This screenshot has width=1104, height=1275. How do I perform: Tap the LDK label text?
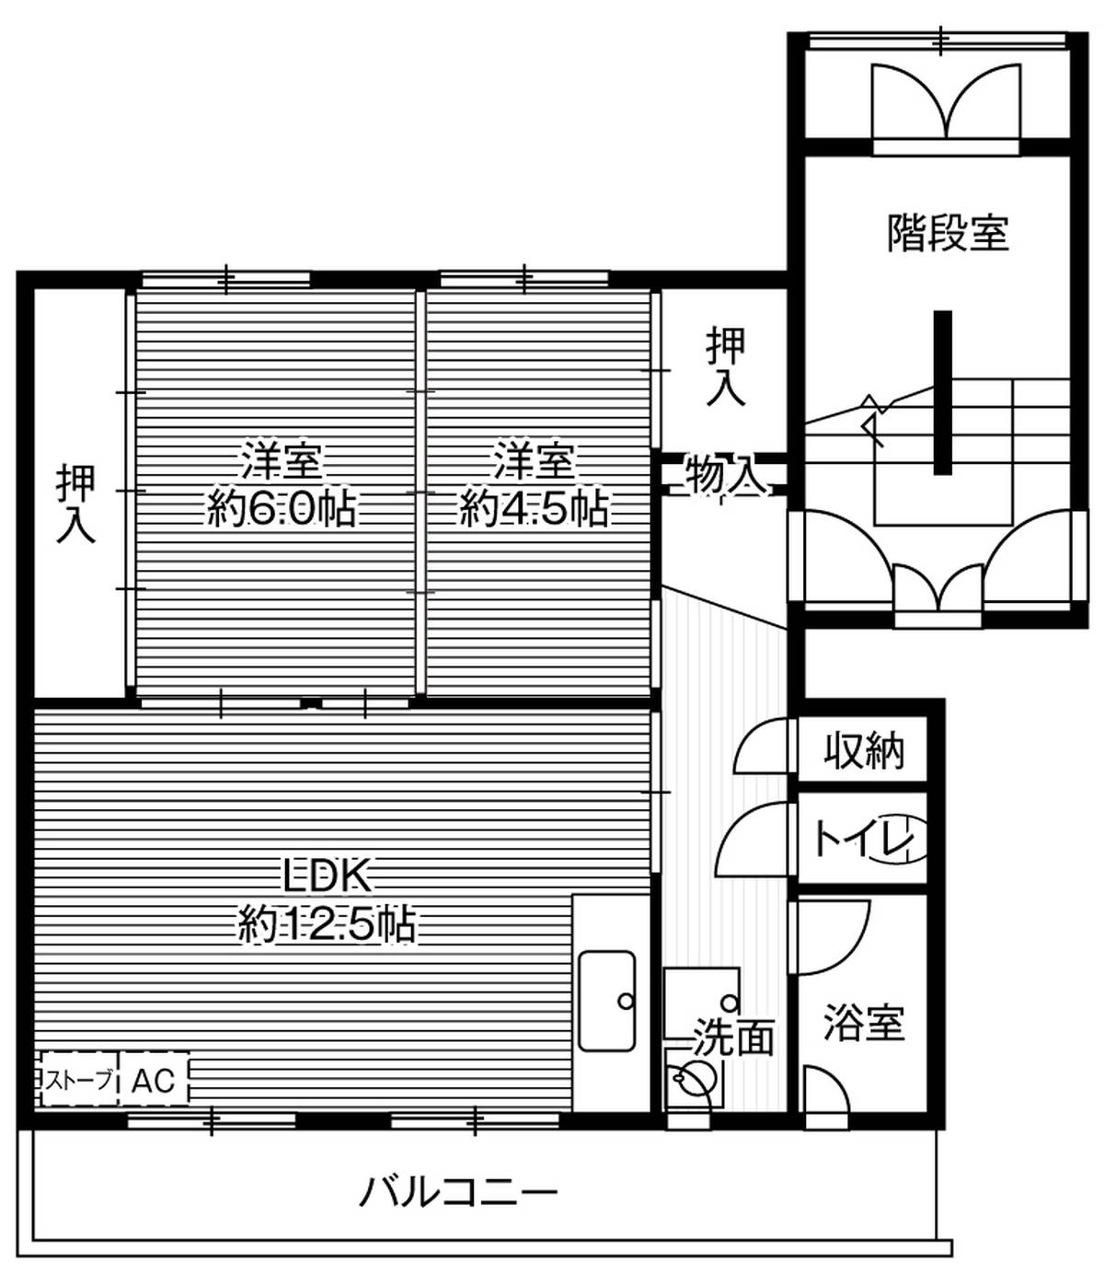point(327,875)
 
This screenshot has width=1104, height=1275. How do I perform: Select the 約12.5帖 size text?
point(327,923)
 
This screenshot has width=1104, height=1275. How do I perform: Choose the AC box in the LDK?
point(153,1080)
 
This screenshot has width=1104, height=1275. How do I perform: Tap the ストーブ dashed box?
point(80,1080)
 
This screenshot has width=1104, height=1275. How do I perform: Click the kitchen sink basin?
point(606,1001)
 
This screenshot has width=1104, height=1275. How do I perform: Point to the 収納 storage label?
point(863,750)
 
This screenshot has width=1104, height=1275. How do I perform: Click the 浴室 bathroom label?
point(863,1022)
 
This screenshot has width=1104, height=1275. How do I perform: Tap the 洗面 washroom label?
point(733,1037)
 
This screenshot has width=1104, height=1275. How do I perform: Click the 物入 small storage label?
point(726,476)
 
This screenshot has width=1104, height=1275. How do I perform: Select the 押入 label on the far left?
point(76,504)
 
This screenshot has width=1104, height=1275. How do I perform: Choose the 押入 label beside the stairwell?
point(726,366)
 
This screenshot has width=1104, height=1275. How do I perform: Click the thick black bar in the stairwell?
point(942,392)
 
